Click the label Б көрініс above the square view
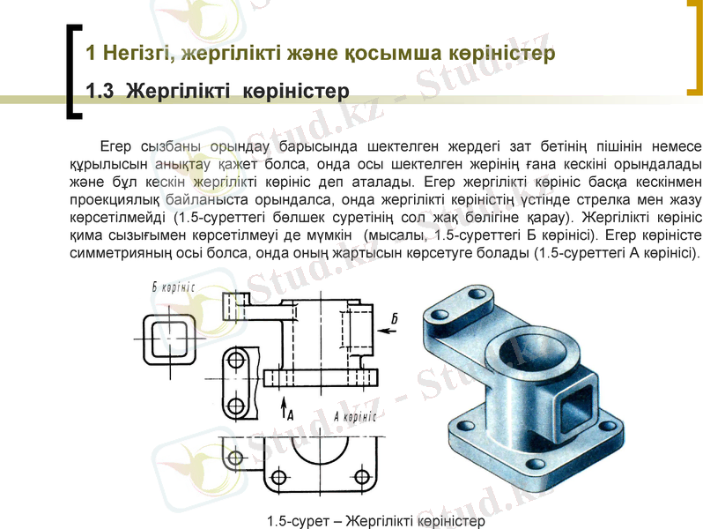173,287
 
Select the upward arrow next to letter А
285,406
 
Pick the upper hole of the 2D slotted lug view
235,361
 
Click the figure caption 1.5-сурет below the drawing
375,521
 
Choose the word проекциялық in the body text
115,199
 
